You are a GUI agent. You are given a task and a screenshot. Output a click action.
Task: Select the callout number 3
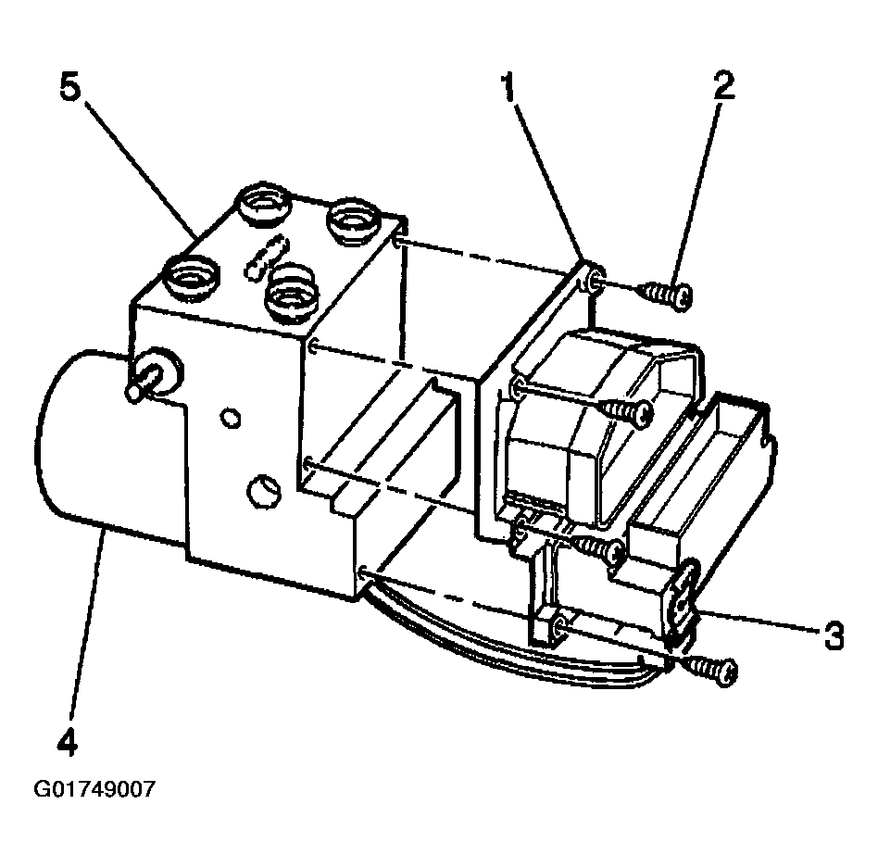832,636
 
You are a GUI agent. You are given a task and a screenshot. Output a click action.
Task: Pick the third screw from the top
599,551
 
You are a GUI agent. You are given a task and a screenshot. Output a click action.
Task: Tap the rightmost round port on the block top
354,220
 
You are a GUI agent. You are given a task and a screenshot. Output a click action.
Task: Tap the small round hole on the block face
229,417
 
